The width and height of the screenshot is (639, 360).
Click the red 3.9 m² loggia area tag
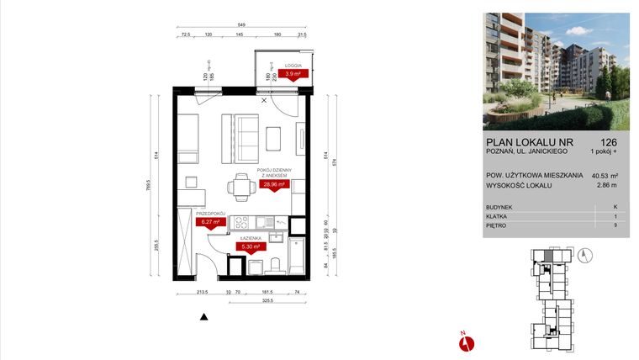point(294,73)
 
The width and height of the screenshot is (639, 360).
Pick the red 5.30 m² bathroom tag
point(251,247)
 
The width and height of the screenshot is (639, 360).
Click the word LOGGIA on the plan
point(293,66)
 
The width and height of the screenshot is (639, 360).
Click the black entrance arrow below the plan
point(203,317)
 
